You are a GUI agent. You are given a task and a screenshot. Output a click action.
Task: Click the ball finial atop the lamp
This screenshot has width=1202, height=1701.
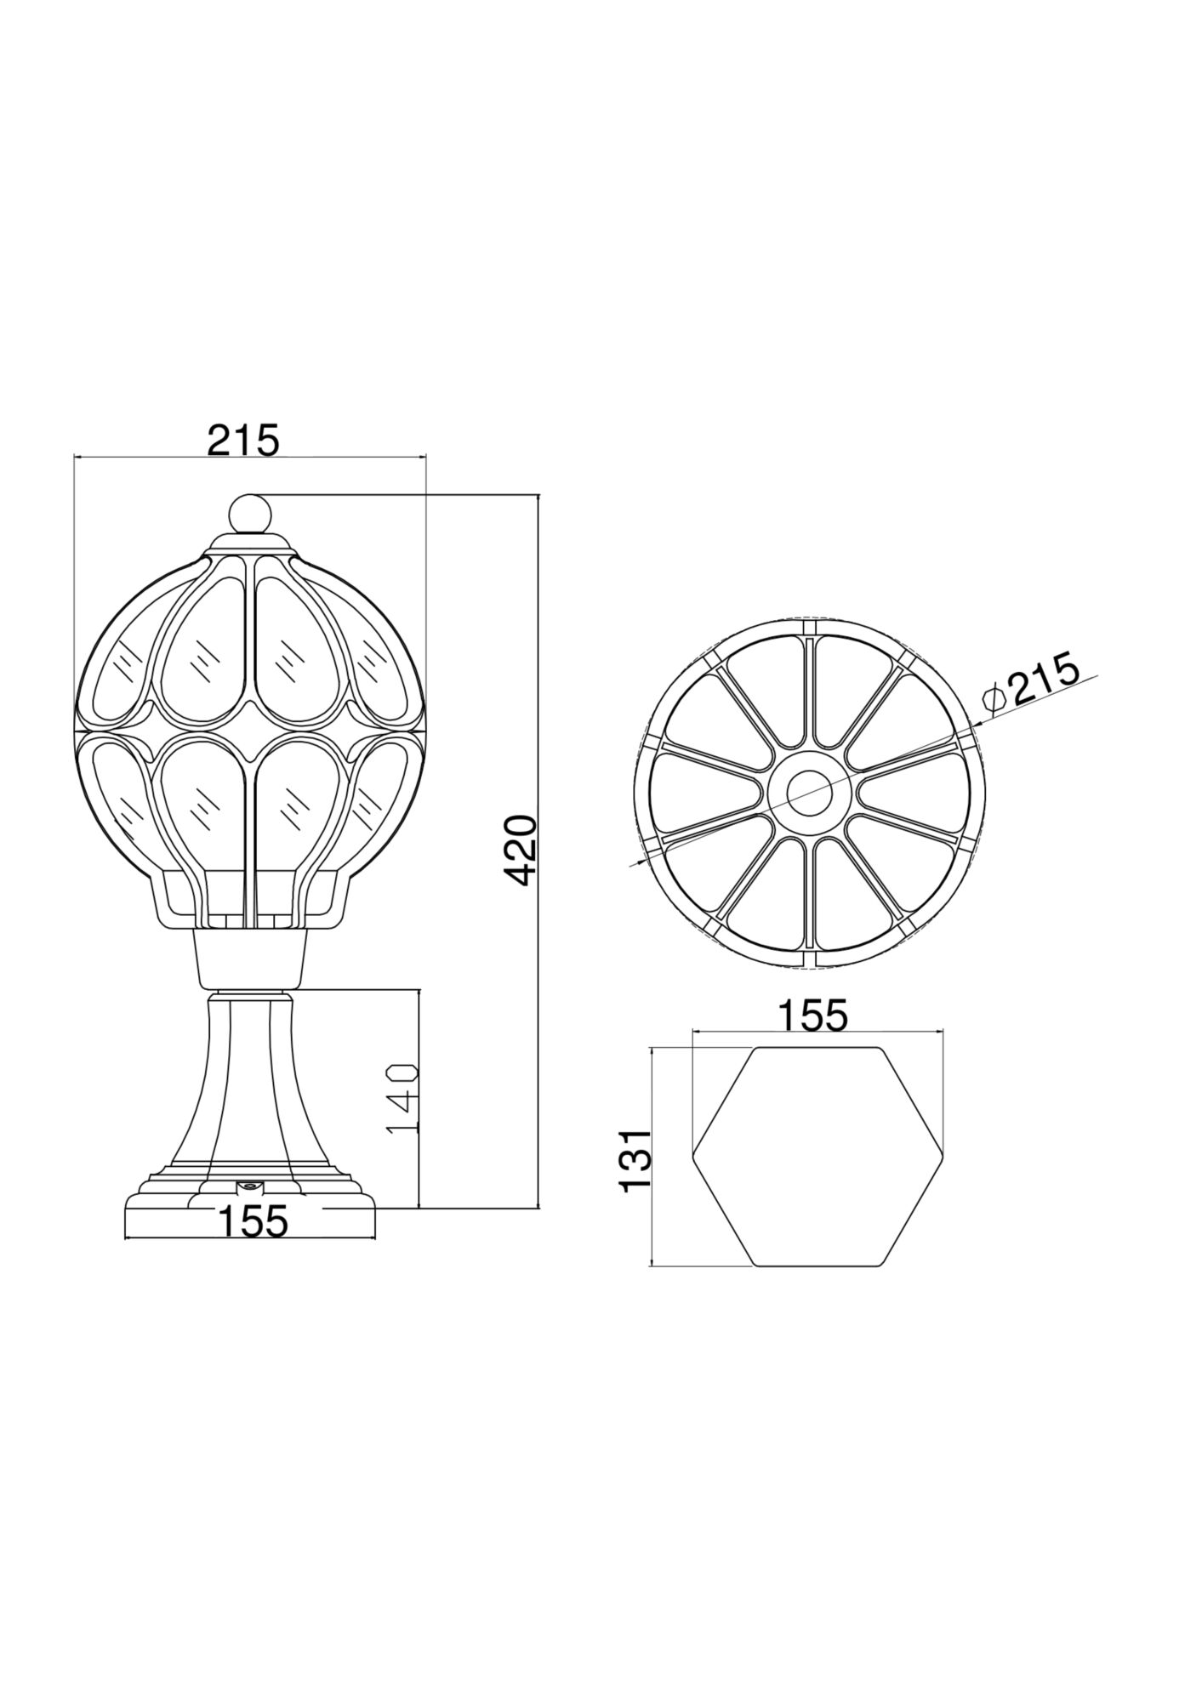pos(250,513)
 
